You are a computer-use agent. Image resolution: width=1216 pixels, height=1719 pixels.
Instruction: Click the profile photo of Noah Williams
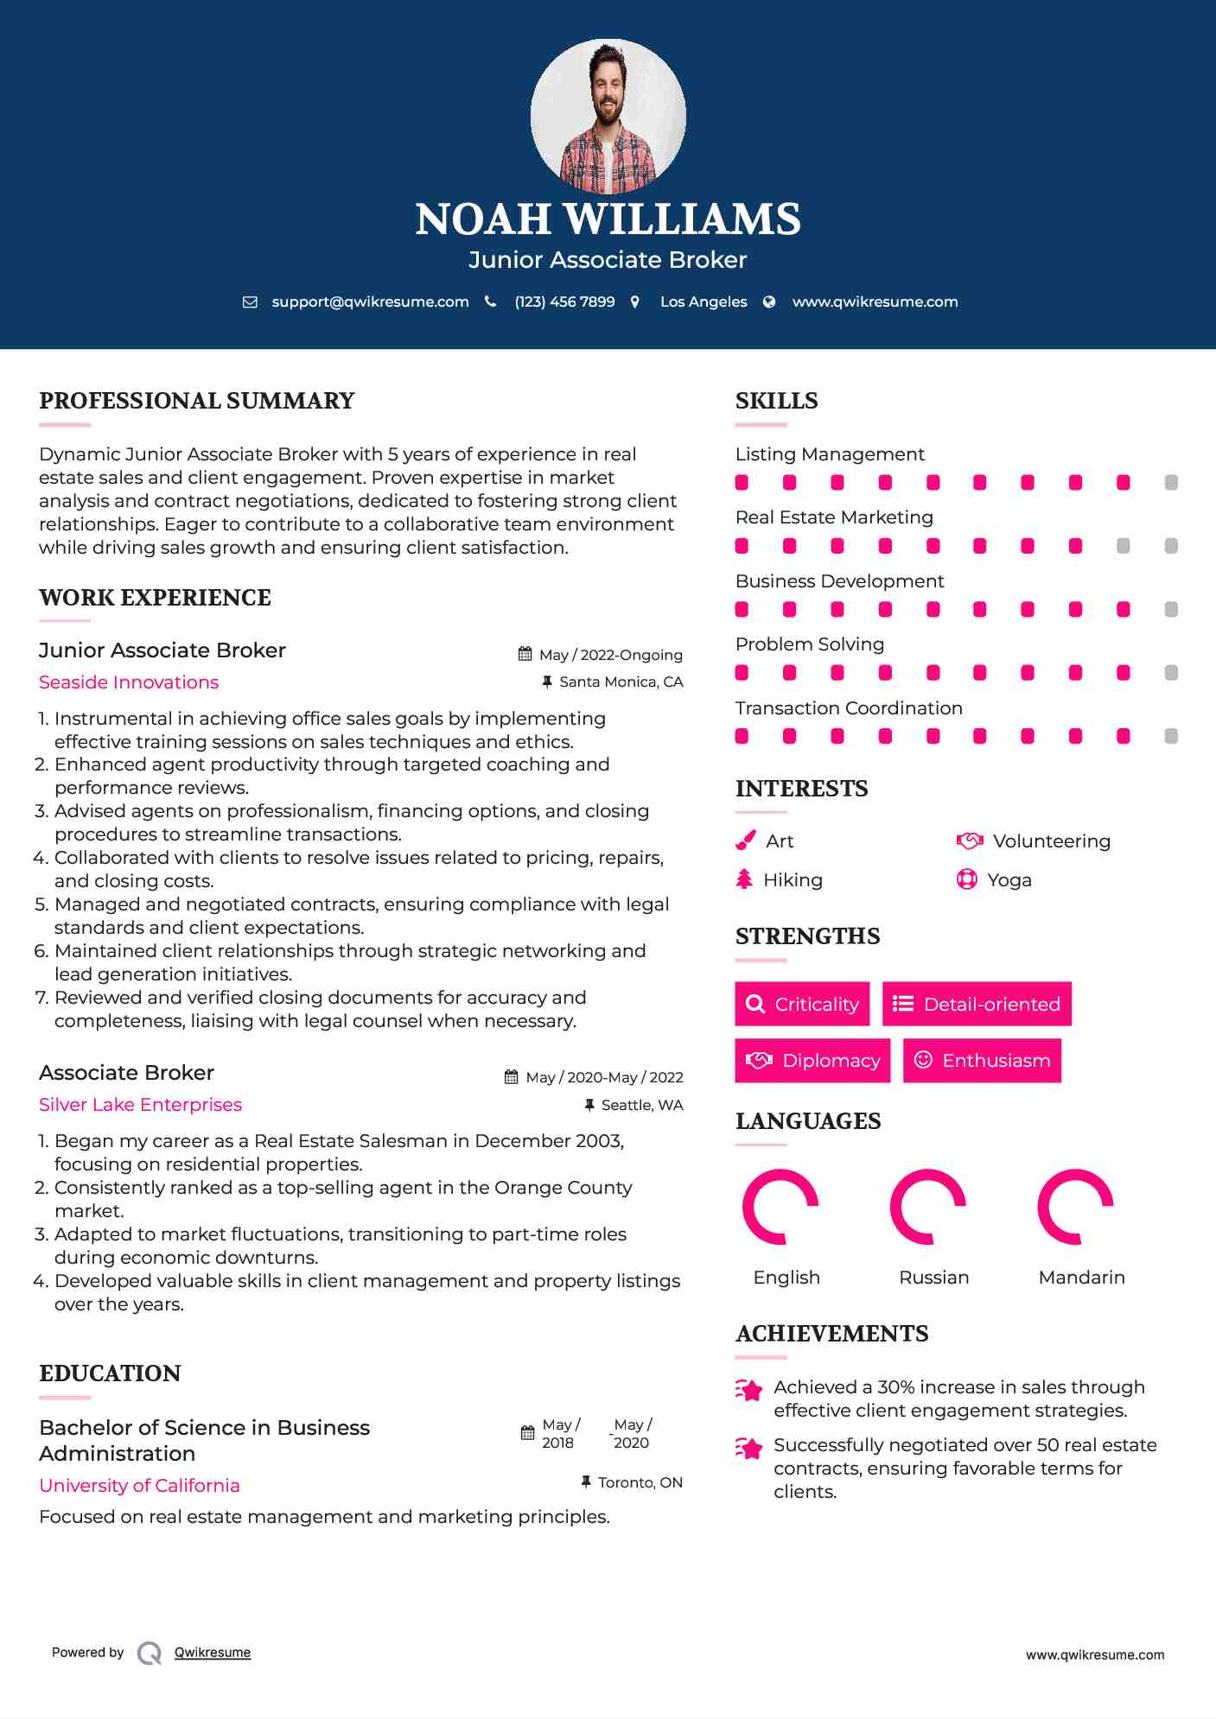pos(608,116)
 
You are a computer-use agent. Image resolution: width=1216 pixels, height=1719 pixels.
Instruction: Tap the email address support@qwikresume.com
pos(370,301)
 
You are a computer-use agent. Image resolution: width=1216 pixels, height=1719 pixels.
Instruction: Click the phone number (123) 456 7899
pos(564,301)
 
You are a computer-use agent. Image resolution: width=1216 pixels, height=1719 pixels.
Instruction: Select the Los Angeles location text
pos(703,301)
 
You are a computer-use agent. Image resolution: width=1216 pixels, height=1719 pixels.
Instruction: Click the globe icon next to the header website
pos(769,301)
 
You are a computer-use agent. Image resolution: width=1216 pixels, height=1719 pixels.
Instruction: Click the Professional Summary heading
pos(197,401)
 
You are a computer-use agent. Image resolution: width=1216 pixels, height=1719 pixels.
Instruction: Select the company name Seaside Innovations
pos(129,682)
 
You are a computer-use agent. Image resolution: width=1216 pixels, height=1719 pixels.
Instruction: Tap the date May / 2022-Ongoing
pos(610,655)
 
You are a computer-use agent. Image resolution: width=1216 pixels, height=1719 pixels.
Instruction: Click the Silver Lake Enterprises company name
pos(140,1105)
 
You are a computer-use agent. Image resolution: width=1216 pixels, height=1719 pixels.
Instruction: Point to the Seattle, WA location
pos(641,1105)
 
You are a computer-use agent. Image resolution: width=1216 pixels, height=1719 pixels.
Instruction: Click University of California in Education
pos(139,1486)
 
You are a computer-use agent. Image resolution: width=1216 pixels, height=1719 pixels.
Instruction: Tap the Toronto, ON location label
pos(640,1482)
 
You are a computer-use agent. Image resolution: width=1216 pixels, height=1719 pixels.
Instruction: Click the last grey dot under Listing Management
pos(1171,483)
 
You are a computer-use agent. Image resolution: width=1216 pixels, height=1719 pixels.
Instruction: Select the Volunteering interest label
pos(1051,841)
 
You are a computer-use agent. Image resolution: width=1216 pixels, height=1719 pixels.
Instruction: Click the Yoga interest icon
pos(966,879)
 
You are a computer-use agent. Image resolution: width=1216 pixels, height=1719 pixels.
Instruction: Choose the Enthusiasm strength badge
pos(982,1060)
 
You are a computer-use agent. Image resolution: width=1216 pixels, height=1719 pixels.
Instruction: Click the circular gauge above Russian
pos(928,1207)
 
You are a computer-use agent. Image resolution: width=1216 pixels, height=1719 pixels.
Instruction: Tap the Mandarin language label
pos(1081,1278)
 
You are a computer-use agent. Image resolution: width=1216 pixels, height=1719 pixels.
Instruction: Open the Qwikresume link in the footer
pos(213,1652)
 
